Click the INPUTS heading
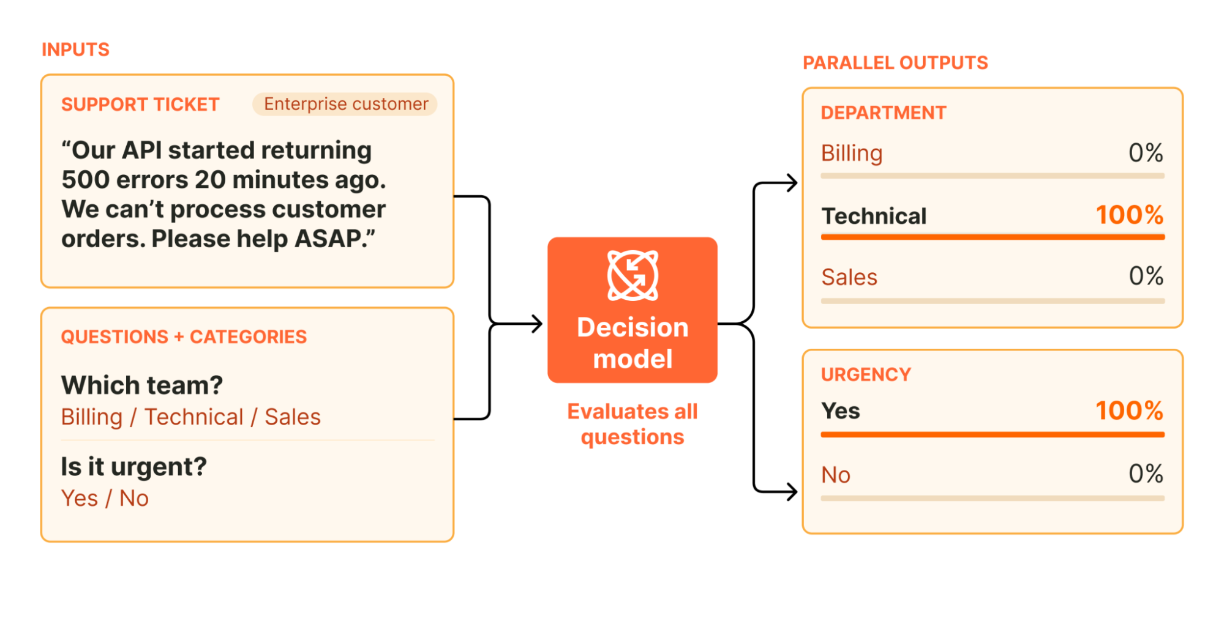[75, 50]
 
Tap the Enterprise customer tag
[345, 104]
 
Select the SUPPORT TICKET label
[140, 105]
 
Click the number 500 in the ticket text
[85, 180]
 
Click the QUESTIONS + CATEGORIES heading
[184, 336]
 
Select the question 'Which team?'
[142, 385]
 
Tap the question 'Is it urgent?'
[133, 467]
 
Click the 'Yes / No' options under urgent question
[105, 498]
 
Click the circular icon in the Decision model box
[633, 275]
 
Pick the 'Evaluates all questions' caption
[633, 424]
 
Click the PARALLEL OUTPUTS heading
[895, 62]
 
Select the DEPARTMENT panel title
[884, 113]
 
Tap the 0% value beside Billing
[1146, 153]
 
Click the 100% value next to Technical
[1130, 215]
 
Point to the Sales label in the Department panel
[849, 277]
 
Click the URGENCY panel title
[866, 374]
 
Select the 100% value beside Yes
[1130, 411]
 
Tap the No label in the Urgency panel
[836, 475]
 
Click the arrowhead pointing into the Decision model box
[538, 324]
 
